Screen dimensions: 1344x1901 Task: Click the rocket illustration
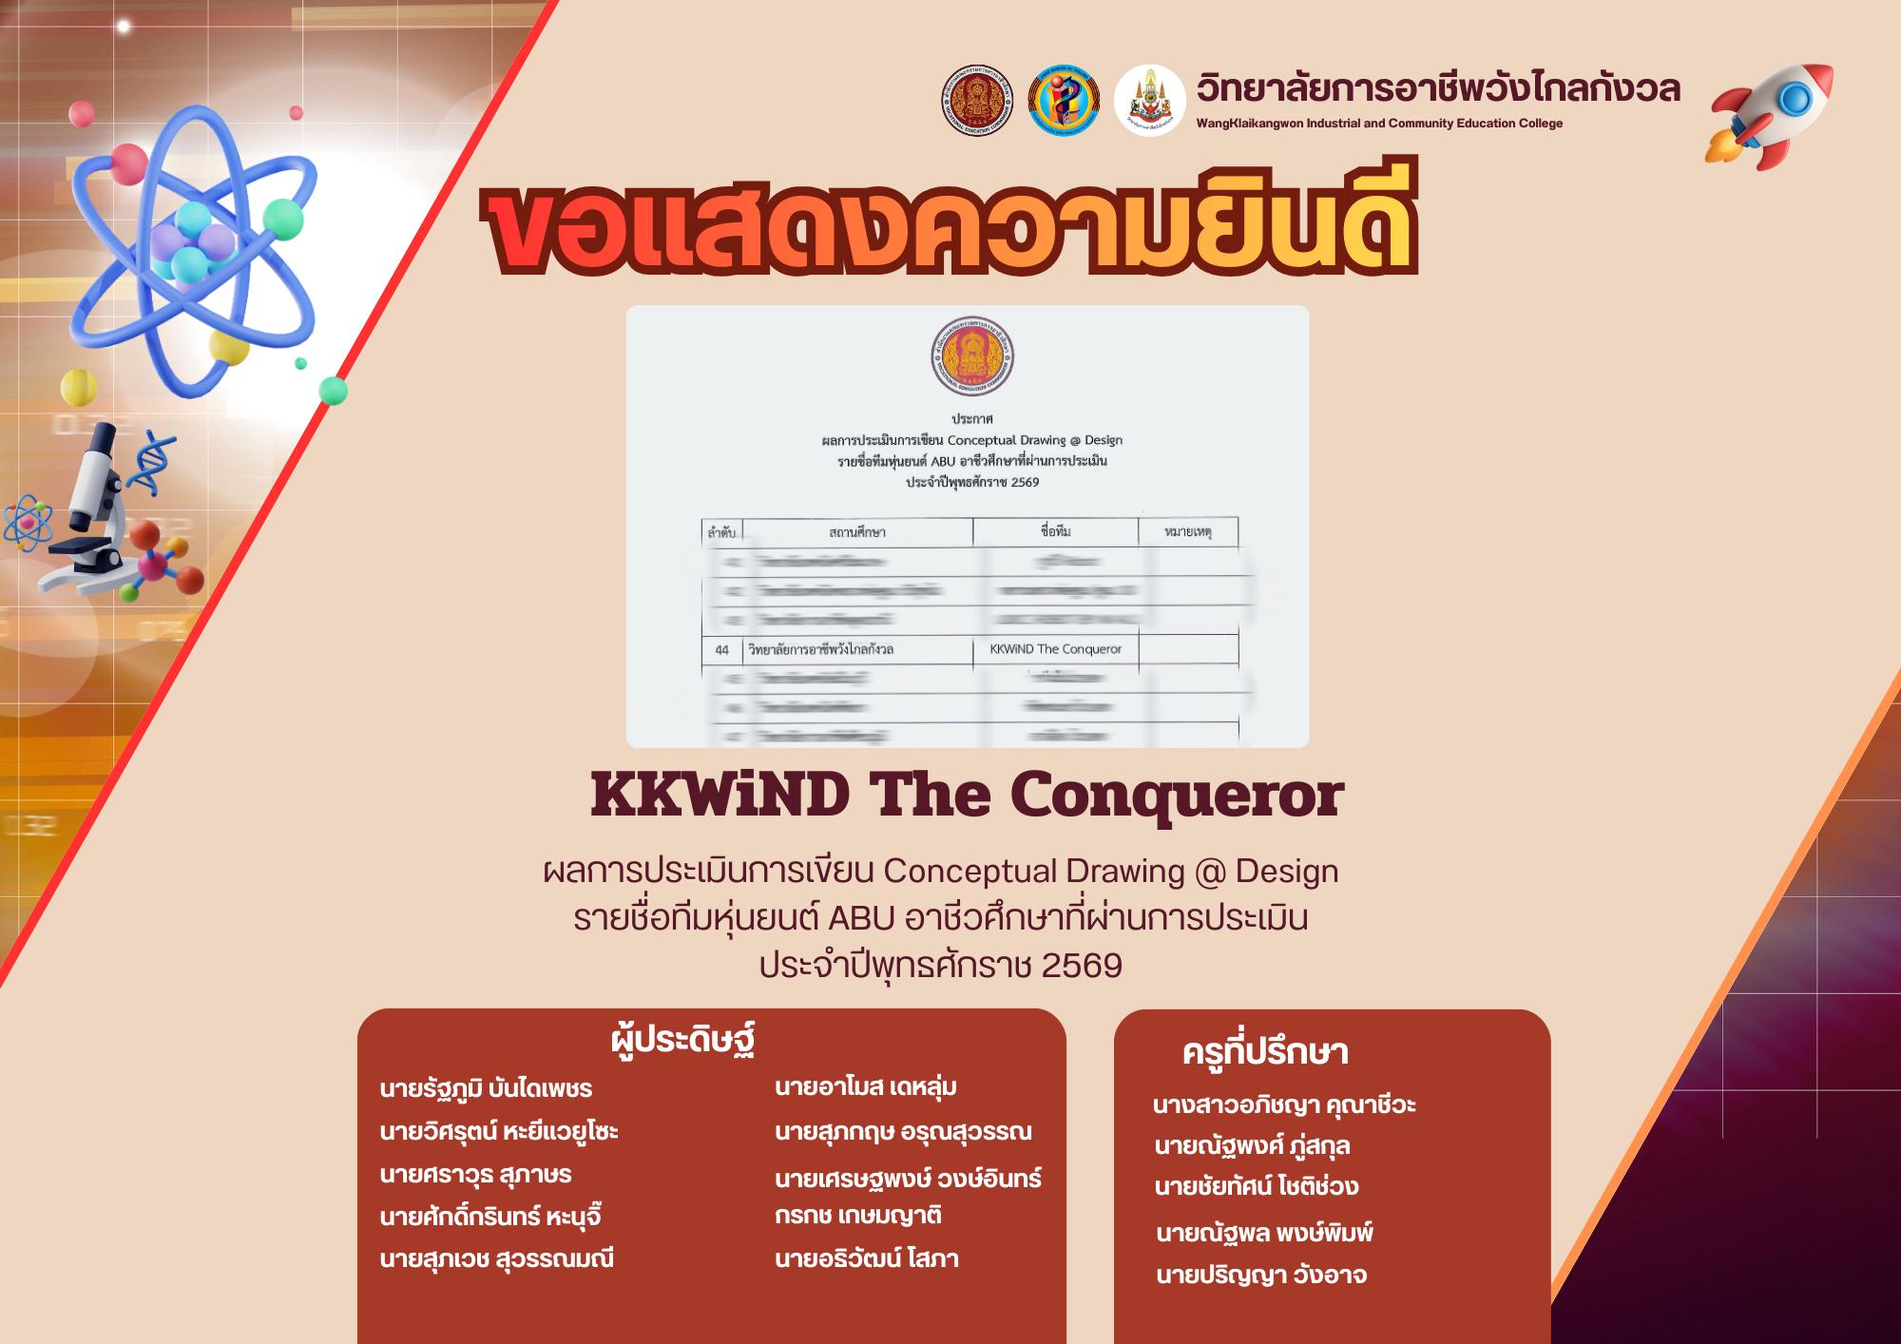1771,115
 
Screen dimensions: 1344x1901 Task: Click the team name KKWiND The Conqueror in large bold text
967,796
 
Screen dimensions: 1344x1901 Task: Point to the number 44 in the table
721,650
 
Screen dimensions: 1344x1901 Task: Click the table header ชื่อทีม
1055,531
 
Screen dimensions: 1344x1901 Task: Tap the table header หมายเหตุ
1187,532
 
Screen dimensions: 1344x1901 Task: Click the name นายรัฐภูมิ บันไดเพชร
486,1089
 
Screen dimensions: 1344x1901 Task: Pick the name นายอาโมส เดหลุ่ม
866,1087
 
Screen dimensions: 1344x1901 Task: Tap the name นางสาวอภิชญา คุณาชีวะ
1284,1105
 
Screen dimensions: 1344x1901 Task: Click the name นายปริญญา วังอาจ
1261,1276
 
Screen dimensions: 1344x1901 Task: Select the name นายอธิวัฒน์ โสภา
866,1259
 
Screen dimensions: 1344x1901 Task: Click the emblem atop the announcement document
972,357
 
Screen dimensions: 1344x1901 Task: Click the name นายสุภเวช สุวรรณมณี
496,1259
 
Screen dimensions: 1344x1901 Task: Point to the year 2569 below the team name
1082,967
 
